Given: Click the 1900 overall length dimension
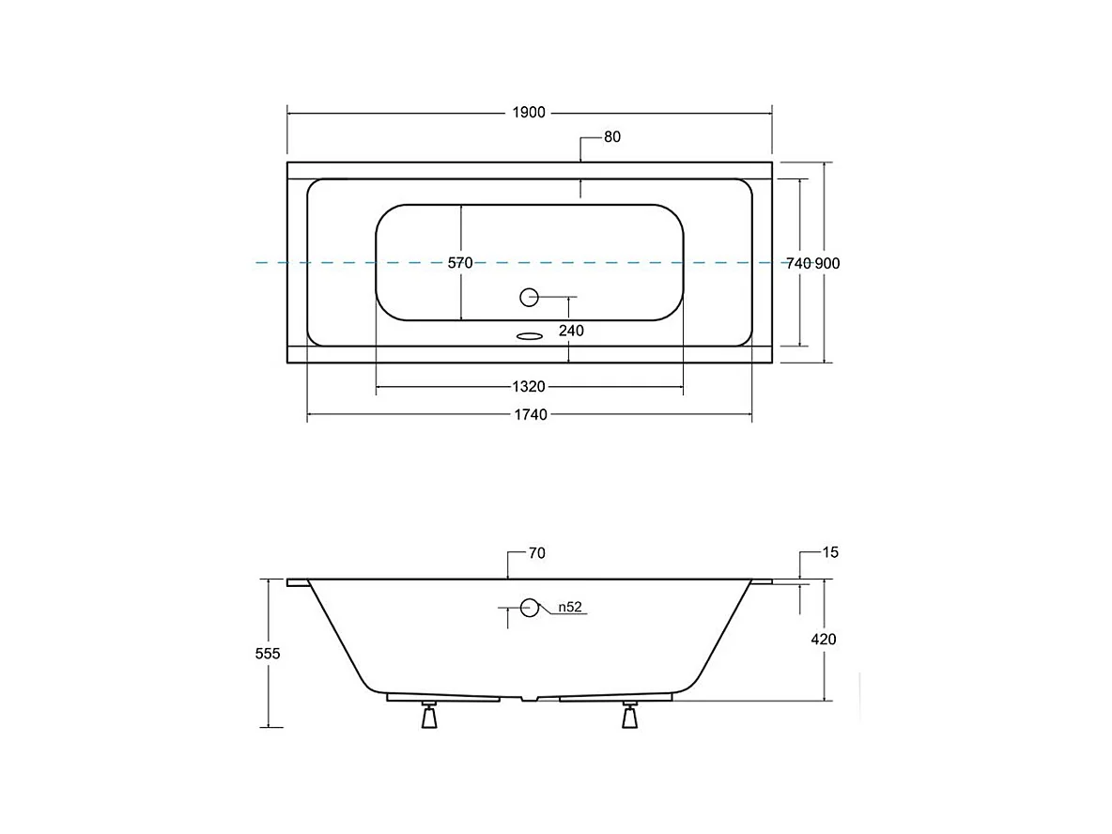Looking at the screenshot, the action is click(529, 113).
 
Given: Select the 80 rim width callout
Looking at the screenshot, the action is click(612, 137).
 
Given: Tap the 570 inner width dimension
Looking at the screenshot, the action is click(460, 263).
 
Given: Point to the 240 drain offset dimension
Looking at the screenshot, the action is click(571, 331).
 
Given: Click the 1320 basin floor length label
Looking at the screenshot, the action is click(529, 387).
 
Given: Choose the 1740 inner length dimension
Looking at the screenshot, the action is click(531, 415).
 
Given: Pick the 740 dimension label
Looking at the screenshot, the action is click(798, 263).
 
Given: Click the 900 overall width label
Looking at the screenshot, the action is click(826, 263).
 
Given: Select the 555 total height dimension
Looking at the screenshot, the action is click(268, 654).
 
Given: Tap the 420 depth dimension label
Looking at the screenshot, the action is click(824, 639).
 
